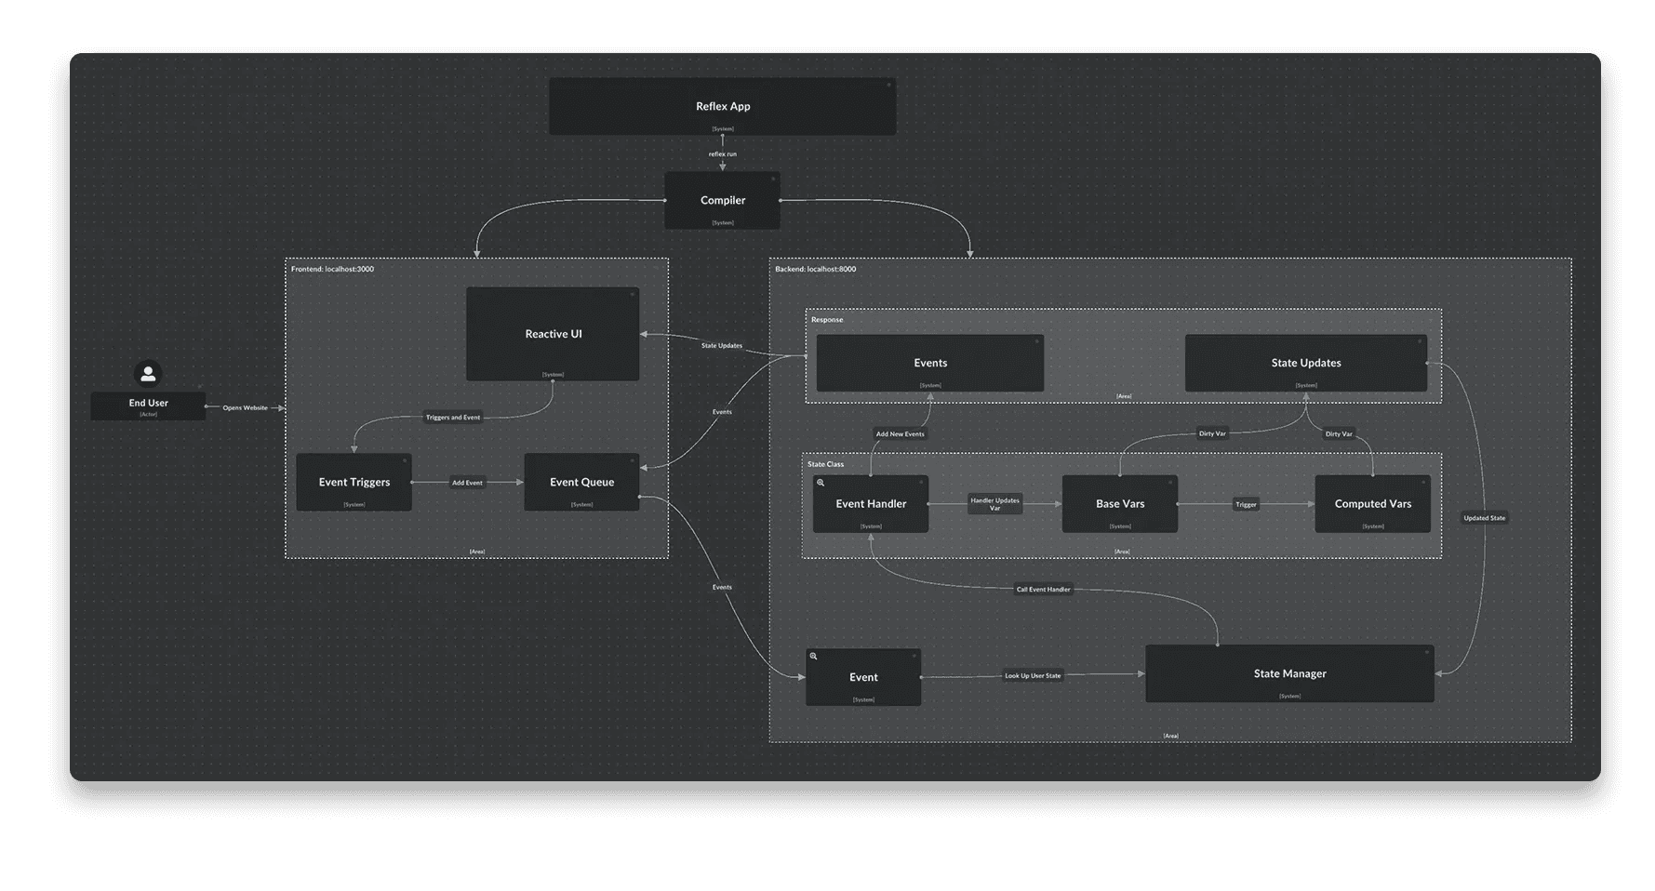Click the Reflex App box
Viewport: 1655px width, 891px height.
point(722,106)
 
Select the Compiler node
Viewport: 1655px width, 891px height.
point(722,200)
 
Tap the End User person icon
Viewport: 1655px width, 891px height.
point(148,374)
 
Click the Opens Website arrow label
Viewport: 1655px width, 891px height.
point(245,407)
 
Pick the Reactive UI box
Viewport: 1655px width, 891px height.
point(553,334)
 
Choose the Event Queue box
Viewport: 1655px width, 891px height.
point(581,482)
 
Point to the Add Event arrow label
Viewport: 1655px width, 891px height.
point(467,483)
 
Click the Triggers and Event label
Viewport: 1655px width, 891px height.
point(453,418)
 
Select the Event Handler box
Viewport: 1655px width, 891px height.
point(871,504)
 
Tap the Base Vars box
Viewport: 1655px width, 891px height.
point(1120,504)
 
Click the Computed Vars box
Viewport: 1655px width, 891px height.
point(1372,504)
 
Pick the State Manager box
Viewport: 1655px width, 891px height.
point(1289,673)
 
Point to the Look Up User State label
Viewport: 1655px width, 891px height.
point(1033,676)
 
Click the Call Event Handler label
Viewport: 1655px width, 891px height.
point(1043,590)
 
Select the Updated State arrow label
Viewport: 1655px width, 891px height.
point(1484,518)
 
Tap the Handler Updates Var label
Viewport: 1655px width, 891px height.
point(994,504)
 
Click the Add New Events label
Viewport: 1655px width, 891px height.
point(900,434)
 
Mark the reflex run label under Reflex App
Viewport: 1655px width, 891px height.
point(722,154)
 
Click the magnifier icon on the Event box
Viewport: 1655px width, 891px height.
point(813,657)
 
